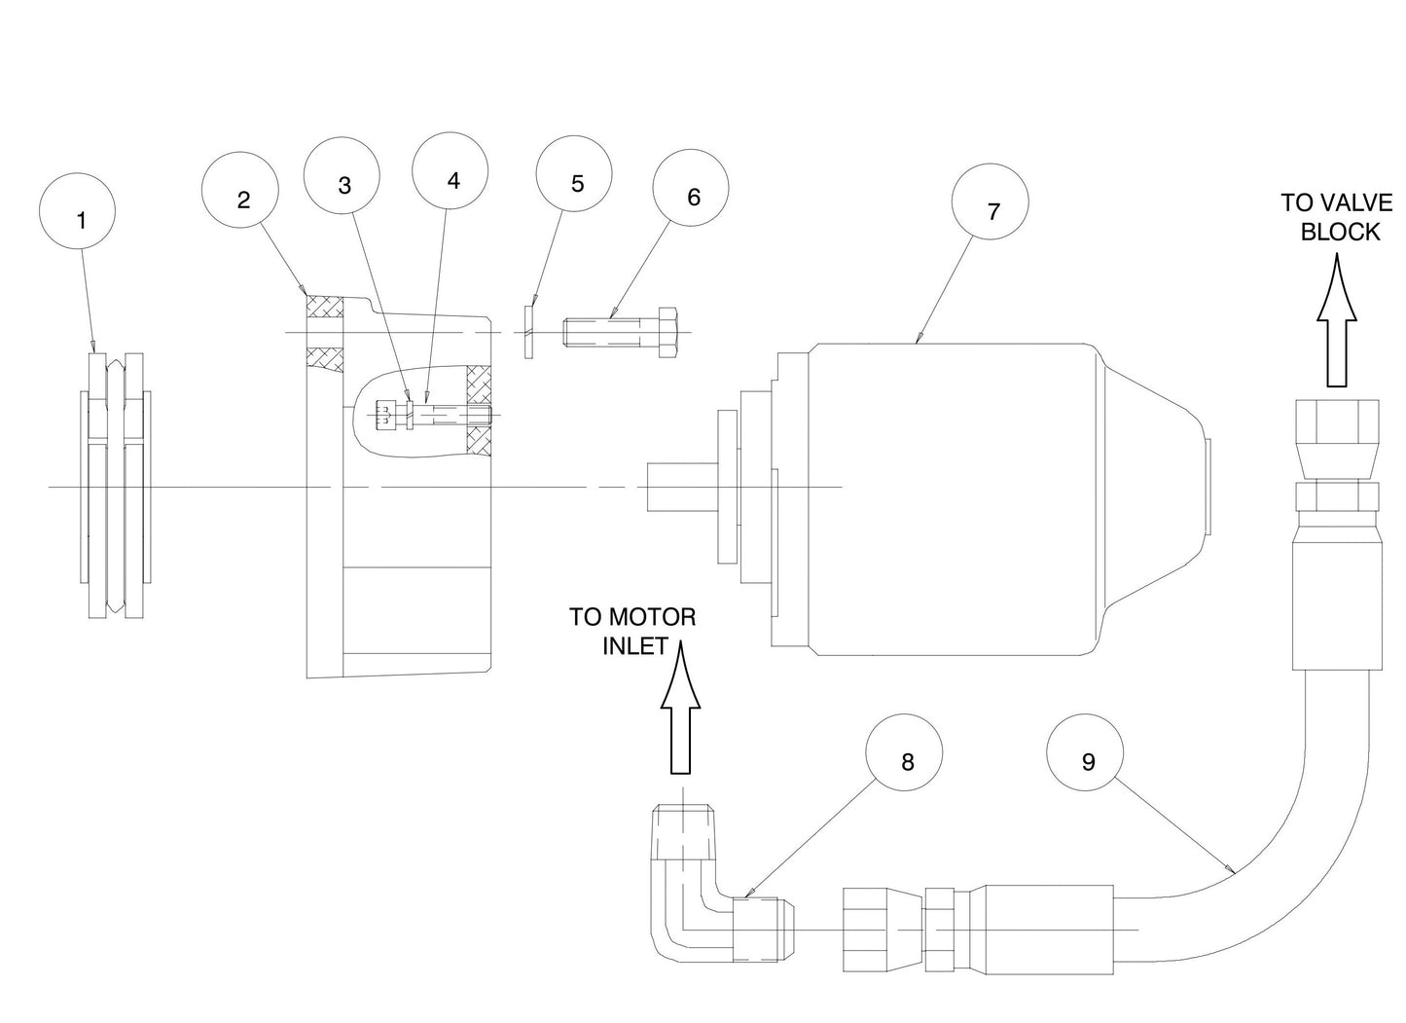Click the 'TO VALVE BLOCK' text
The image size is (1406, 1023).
(1337, 217)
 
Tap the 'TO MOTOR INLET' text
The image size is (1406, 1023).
(632, 631)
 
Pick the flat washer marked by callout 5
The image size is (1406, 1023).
(528, 333)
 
